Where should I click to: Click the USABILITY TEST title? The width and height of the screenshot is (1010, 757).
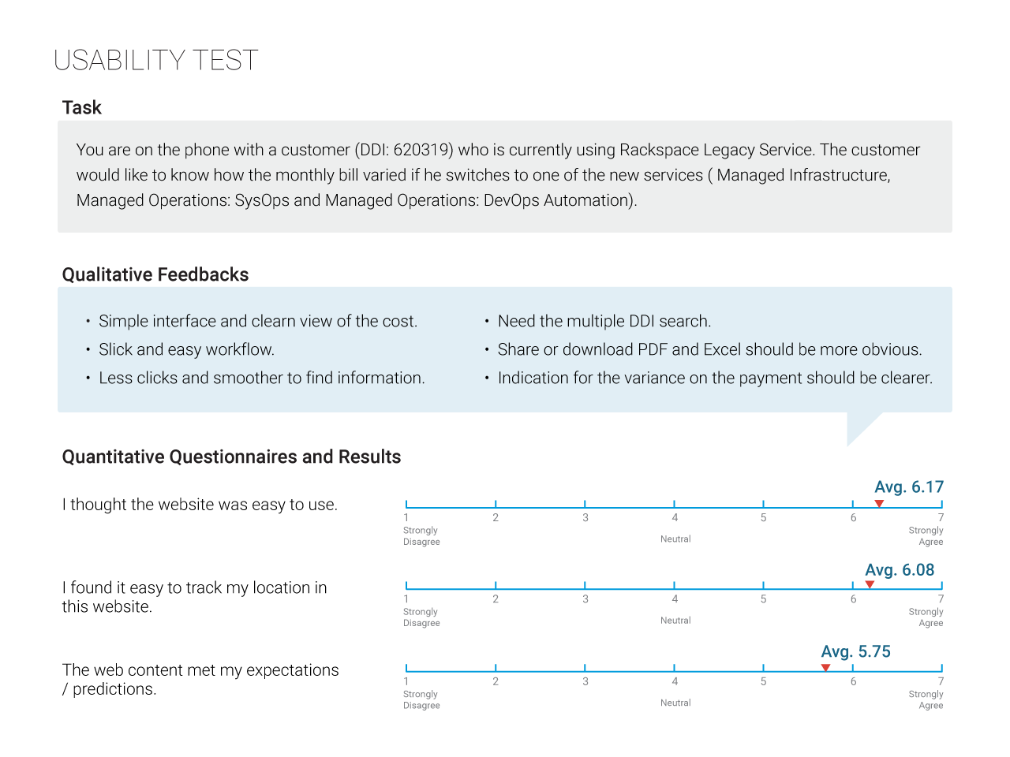(156, 60)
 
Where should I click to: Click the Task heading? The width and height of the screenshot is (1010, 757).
(81, 107)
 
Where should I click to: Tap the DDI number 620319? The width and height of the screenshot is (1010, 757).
(421, 150)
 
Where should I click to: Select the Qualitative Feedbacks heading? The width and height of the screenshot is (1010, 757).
(155, 274)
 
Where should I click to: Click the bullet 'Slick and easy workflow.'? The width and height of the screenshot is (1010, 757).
(186, 349)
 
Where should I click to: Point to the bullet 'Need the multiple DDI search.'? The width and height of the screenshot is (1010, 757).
(604, 321)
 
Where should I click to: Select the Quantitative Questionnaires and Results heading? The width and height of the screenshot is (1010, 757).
(231, 457)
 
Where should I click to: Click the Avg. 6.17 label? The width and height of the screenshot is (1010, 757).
(909, 487)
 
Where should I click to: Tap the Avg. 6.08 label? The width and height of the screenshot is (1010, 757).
(900, 570)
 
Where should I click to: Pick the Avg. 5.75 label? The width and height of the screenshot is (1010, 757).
(856, 651)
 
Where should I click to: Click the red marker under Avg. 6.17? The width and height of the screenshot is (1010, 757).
(879, 503)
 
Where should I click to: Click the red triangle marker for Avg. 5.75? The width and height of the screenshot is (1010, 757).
(826, 667)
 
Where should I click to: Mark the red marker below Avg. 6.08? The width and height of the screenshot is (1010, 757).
(870, 584)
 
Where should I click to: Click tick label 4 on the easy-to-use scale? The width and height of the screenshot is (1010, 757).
(675, 517)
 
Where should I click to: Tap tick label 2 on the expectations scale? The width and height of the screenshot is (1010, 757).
(495, 681)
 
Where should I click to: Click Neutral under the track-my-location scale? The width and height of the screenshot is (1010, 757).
(675, 621)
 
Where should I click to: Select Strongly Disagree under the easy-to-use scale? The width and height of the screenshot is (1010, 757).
(421, 536)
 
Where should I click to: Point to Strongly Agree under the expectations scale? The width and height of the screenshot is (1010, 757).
(926, 699)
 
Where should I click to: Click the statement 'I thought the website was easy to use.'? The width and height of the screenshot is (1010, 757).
(200, 505)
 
